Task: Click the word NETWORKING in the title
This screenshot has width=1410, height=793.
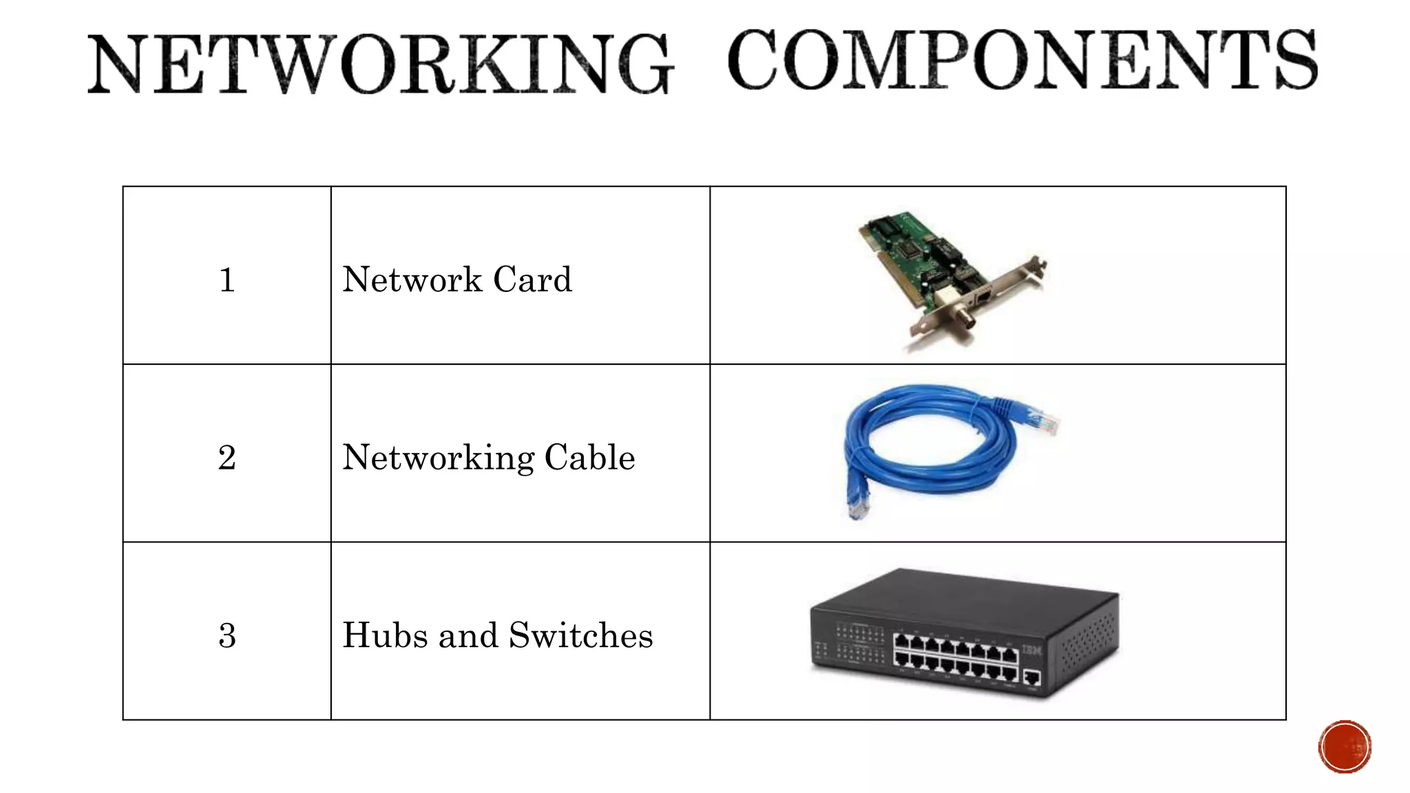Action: [380, 65]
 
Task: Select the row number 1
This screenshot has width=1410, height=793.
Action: [227, 280]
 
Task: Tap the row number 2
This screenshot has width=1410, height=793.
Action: [227, 458]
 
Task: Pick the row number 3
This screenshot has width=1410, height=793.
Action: [227, 635]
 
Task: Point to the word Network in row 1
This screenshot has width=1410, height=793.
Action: [412, 279]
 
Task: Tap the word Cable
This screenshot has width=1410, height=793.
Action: [590, 457]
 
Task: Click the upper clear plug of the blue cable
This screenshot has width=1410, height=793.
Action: [1046, 421]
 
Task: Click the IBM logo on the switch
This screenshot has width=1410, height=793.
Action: [1031, 649]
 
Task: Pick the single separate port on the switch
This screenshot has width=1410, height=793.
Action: [1031, 678]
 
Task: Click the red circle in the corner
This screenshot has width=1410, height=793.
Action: [1345, 747]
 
